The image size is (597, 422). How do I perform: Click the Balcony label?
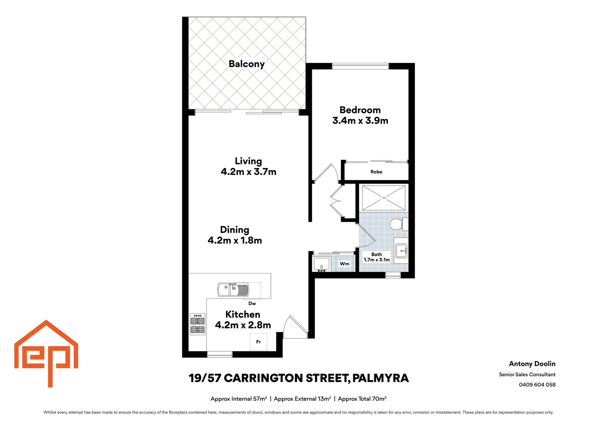[247, 64]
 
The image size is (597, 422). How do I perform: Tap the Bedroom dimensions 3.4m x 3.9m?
[360, 121]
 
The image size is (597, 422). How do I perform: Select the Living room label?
[248, 161]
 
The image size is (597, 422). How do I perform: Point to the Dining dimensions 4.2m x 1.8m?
[234, 241]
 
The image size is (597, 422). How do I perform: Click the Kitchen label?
[243, 315]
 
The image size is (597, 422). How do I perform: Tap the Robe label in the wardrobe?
[376, 172]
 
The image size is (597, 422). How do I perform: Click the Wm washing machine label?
[344, 264]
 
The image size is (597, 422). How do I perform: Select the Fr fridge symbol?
[258, 342]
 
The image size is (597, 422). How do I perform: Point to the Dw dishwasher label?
[252, 304]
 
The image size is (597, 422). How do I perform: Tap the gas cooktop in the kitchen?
[197, 325]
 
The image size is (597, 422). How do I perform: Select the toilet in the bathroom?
[397, 225]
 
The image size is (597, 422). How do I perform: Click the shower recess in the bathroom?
[383, 198]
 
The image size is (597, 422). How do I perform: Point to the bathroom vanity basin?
[401, 250]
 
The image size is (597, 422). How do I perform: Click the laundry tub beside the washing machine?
[321, 264]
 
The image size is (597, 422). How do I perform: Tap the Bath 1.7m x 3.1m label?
[376, 257]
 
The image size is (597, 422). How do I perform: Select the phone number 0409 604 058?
[537, 385]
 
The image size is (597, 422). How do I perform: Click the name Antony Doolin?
[532, 364]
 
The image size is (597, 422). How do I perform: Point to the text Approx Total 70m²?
[362, 399]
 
